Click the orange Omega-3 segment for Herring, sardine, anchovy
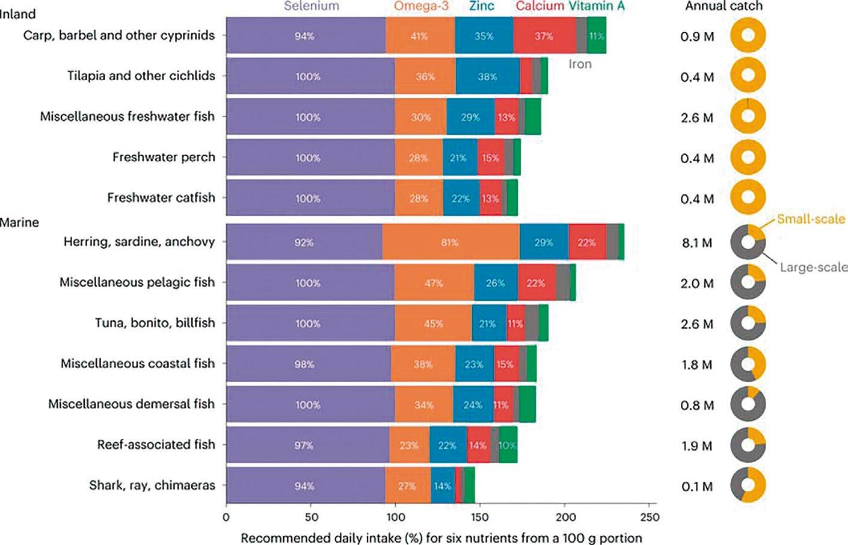coord(450,242)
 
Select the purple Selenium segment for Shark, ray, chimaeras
coord(306,485)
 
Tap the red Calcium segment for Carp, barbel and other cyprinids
coord(544,36)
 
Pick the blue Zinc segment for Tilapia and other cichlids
coord(487,76)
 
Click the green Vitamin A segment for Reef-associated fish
coord(508,445)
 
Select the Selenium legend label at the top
coord(312,7)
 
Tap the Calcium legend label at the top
coord(539,7)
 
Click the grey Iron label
coord(580,64)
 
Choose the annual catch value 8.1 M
coord(697,243)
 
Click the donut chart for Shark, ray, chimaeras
coord(748,485)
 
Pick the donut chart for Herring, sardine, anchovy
coord(748,242)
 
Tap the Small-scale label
coord(811,219)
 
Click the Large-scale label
coord(813,267)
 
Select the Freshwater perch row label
coord(164,158)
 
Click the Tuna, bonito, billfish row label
coord(155,323)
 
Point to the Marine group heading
coord(19,223)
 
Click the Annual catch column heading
coord(724,7)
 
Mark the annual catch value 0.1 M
coord(697,487)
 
